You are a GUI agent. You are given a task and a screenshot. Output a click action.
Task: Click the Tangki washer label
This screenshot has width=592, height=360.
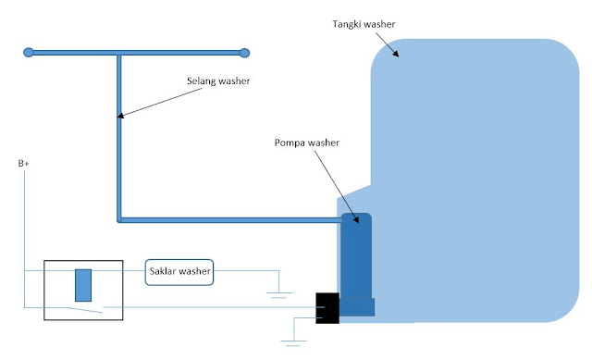coord(369,22)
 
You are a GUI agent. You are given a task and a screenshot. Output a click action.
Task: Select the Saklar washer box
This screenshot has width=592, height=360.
coord(180,272)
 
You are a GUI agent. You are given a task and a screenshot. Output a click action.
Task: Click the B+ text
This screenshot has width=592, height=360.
coord(23,164)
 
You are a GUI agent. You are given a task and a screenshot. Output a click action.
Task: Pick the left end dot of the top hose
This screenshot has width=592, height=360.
coord(30,53)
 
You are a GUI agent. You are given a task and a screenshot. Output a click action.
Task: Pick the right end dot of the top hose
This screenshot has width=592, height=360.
coord(245,53)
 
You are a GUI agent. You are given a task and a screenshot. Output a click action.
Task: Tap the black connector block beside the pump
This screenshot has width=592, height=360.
coord(327,308)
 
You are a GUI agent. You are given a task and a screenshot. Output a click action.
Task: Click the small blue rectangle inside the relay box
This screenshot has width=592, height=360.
coord(82,283)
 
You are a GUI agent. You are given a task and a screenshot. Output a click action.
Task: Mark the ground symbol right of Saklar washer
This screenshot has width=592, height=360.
coord(278,294)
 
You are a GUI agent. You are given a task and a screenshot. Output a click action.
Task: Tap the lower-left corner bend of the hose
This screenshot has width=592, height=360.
coord(119,219)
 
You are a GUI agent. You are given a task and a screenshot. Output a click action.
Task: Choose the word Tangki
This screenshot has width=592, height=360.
coord(354,22)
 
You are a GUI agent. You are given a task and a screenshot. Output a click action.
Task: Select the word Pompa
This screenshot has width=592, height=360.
coord(288,143)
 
